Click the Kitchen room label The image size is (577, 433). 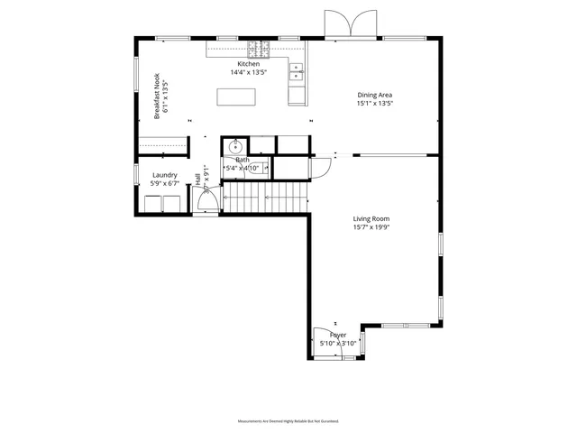(249, 64)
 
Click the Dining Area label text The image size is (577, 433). (375, 94)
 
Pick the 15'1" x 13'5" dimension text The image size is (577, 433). (375, 104)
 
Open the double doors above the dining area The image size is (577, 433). (347, 24)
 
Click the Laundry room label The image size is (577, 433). (164, 175)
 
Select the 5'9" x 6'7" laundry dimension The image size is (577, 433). (164, 184)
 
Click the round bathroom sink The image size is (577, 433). (235, 146)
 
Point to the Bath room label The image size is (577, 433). (243, 160)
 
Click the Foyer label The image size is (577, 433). (337, 335)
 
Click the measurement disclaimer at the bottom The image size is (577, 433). (288, 421)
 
